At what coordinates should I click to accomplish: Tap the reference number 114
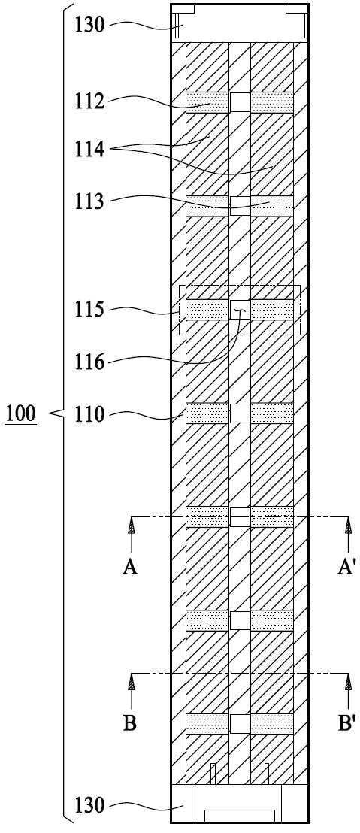[x=90, y=150]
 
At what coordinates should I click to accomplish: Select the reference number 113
[x=90, y=202]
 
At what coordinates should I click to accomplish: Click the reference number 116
[x=90, y=363]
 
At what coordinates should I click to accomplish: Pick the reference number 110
[x=90, y=414]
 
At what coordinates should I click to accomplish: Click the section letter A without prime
[x=131, y=568]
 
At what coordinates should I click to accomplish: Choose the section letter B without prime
[x=131, y=723]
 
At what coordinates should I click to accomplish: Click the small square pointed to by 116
[x=240, y=309]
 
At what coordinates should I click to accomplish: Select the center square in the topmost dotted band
[x=240, y=102]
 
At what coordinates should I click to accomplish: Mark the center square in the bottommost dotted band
[x=240, y=723]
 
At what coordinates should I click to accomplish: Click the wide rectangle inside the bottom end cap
[x=240, y=816]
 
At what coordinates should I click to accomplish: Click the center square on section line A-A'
[x=240, y=517]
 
